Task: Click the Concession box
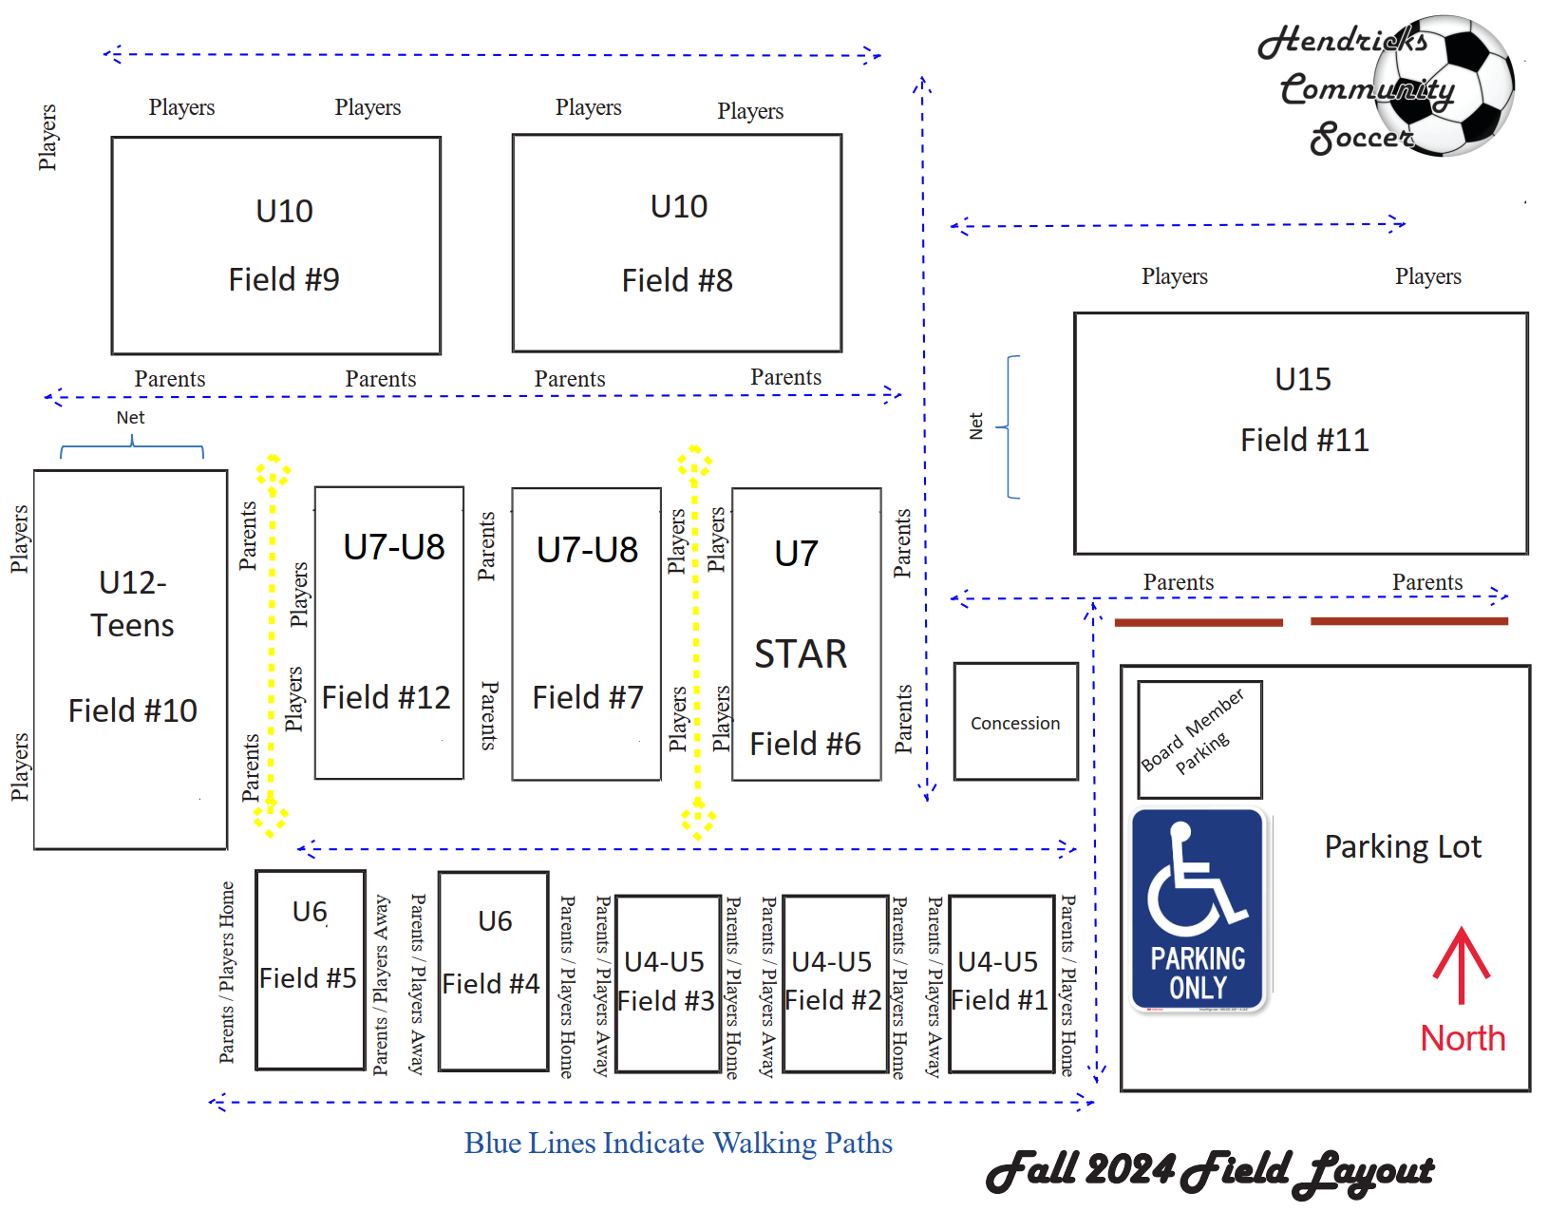click(x=1015, y=723)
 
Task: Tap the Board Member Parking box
click(x=1199, y=739)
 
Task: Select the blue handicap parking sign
click(x=1198, y=910)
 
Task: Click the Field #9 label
click(x=284, y=279)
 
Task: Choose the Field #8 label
click(x=677, y=280)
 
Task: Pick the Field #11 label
click(x=1305, y=440)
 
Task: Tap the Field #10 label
click(x=133, y=710)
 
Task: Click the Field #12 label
click(x=386, y=697)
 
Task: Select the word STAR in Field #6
click(x=801, y=654)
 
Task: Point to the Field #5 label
click(x=308, y=978)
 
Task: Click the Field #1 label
click(x=999, y=1000)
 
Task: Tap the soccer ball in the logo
click(x=1444, y=85)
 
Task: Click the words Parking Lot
click(x=1403, y=846)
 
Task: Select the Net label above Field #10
click(x=130, y=418)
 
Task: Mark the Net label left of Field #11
click(x=976, y=426)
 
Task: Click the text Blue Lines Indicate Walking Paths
click(x=678, y=1143)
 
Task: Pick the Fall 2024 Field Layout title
click(x=1210, y=1171)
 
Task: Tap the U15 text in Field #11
click(x=1303, y=379)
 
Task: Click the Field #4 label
click(x=491, y=984)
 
